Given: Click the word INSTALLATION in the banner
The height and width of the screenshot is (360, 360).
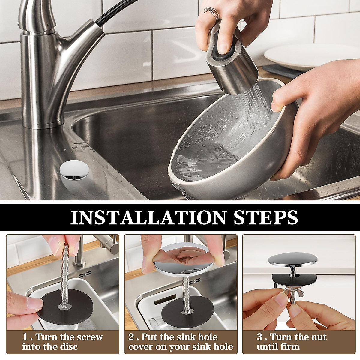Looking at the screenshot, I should (x=148, y=217).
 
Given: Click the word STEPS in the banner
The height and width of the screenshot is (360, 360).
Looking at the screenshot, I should (x=263, y=217).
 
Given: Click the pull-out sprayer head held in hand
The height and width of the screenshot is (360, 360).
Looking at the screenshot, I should (x=232, y=60).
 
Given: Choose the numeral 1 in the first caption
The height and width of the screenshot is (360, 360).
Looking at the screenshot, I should (x=25, y=337).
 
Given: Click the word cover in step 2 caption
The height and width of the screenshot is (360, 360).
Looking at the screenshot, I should (x=141, y=347).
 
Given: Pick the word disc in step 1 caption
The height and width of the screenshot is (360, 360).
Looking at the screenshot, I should (x=68, y=347).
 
